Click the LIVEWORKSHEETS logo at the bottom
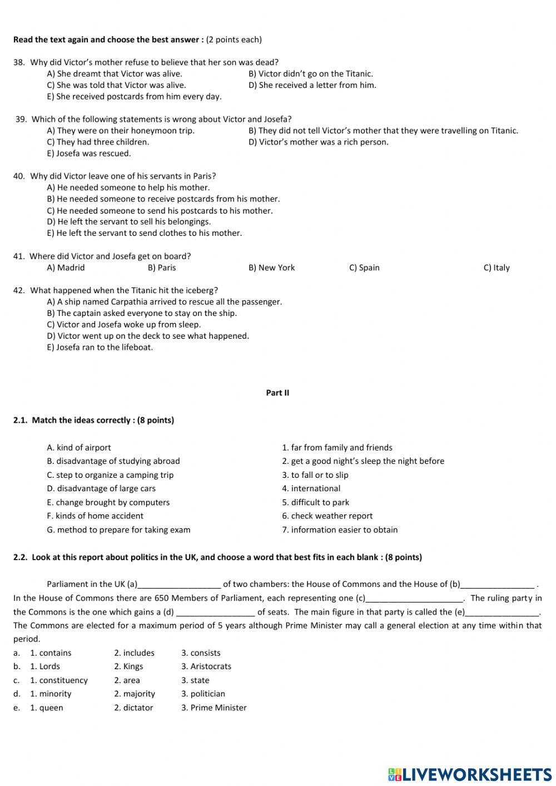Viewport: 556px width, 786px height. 469,774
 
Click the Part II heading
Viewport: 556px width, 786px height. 277,393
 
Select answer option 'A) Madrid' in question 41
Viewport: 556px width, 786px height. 66,268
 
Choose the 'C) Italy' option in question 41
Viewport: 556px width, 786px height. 496,268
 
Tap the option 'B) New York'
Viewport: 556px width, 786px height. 271,268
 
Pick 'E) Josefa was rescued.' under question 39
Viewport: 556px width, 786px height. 89,154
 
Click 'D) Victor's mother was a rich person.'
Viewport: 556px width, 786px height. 318,142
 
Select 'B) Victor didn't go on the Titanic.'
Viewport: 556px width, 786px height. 310,73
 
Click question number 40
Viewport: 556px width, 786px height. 19,176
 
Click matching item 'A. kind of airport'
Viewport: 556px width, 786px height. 79,447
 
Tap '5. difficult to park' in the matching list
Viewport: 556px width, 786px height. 315,502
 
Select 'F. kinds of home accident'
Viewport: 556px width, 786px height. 95,516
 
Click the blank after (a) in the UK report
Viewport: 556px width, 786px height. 179,585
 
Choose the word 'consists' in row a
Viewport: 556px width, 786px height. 205,653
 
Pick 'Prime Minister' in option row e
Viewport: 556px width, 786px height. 218,708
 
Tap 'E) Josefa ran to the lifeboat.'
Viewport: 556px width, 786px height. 100,347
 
